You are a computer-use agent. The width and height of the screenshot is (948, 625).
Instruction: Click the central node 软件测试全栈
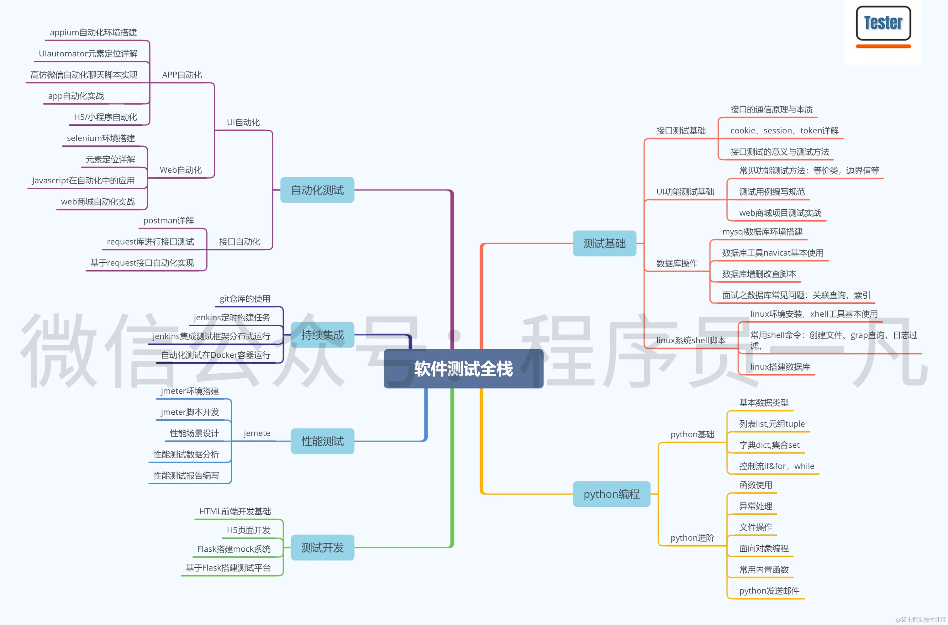[463, 369]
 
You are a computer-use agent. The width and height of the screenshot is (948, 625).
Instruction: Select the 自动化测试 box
[317, 190]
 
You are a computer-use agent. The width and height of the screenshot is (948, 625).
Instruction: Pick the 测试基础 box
[604, 244]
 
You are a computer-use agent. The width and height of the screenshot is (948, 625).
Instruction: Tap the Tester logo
[883, 24]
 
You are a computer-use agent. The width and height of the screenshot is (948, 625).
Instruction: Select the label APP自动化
[182, 75]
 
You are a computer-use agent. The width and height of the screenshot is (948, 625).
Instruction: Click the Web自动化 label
[181, 170]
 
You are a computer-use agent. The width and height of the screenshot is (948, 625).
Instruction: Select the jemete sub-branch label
[257, 433]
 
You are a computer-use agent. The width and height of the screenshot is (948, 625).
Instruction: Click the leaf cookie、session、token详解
[784, 131]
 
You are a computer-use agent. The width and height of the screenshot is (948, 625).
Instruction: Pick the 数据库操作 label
[677, 264]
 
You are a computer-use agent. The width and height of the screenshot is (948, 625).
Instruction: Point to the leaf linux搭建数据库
[780, 367]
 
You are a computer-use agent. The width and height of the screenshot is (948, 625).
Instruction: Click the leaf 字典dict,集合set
[769, 445]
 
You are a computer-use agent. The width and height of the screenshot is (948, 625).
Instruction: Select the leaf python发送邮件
[769, 591]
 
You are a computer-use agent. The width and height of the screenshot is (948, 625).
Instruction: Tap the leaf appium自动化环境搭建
[93, 33]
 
